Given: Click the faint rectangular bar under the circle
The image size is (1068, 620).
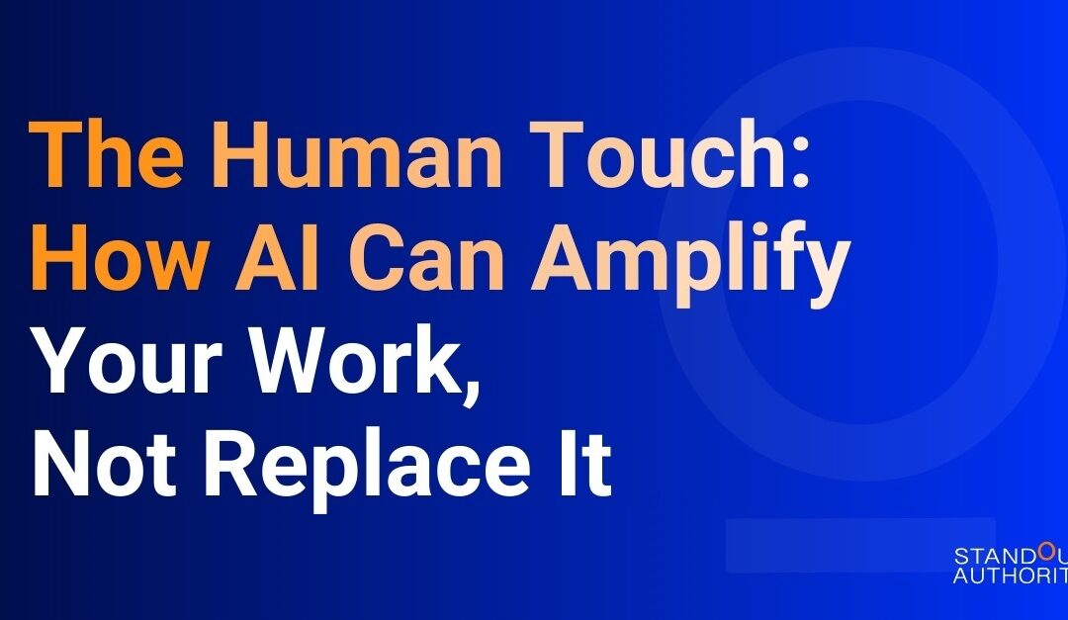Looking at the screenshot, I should [x=860, y=545].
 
